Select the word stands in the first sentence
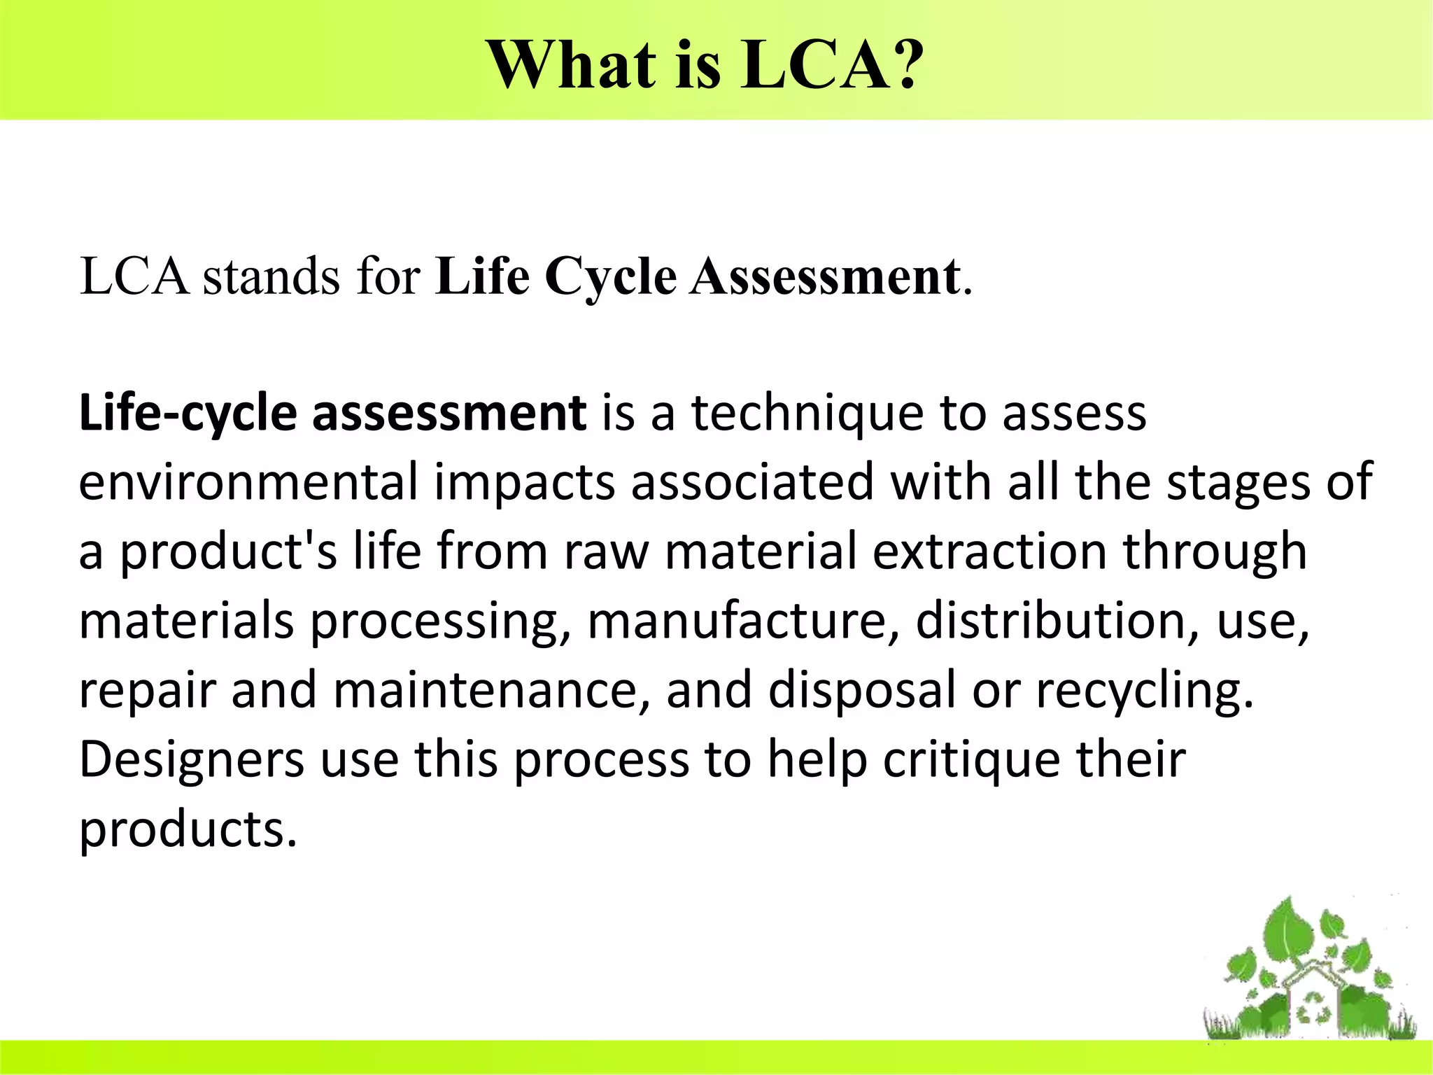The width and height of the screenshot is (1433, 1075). click(x=271, y=276)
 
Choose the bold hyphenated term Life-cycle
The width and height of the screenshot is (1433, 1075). click(x=188, y=414)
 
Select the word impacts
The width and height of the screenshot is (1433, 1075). click(x=524, y=483)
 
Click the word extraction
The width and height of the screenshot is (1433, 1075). click(x=989, y=551)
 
